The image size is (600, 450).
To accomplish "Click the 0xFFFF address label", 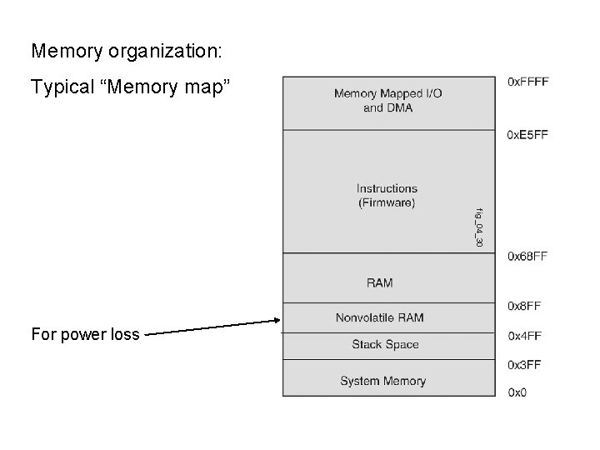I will click(x=527, y=82).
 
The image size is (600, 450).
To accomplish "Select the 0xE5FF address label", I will click(x=527, y=135).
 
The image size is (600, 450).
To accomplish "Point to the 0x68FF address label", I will click(x=527, y=257).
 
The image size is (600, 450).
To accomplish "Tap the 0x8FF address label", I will click(x=524, y=306).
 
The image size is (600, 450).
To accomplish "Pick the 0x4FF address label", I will click(x=524, y=336).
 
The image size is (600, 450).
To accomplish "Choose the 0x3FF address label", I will click(x=524, y=364).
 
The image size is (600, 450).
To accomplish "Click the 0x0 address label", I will click(x=517, y=392).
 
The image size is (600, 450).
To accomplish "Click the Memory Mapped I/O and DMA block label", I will click(x=387, y=101).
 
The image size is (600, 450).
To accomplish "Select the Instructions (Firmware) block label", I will click(x=387, y=195).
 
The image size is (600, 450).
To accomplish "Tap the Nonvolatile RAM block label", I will click(x=379, y=317).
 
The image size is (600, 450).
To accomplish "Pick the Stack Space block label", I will click(x=385, y=344).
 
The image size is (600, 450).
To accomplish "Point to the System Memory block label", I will click(x=382, y=381).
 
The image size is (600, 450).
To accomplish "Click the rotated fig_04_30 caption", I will click(x=479, y=227).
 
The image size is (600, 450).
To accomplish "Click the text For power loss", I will click(x=85, y=335).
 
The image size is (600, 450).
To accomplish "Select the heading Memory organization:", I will click(x=127, y=51).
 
